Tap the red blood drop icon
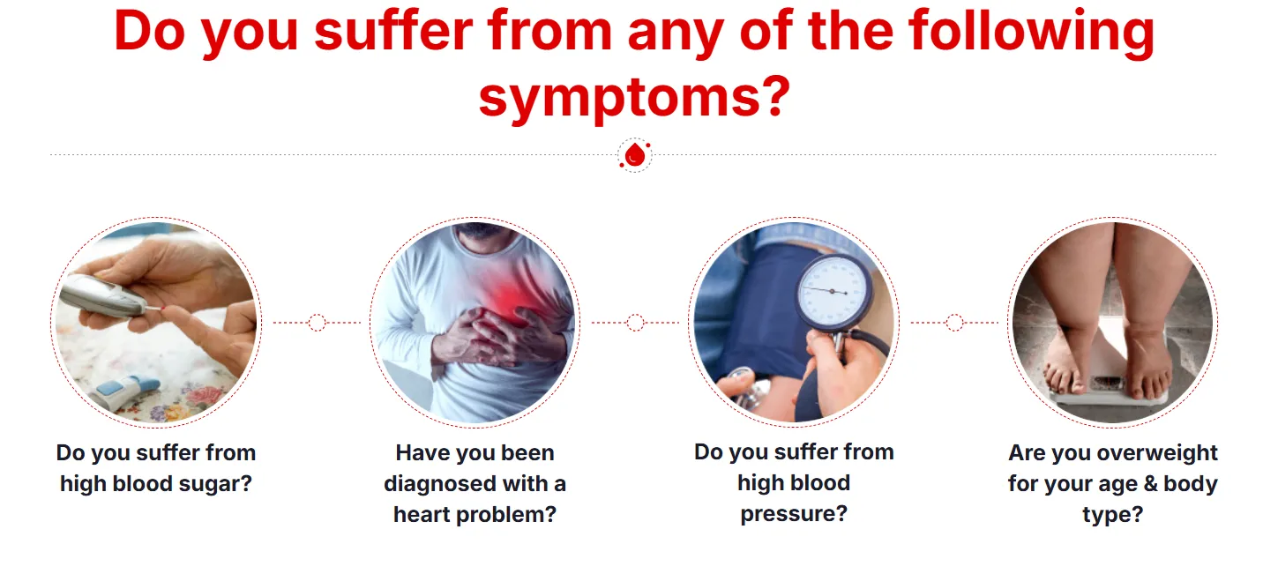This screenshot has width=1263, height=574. pyautogui.click(x=635, y=155)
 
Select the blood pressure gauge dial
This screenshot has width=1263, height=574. pyautogui.click(x=833, y=291)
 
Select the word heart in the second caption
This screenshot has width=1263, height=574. pyautogui.click(x=422, y=514)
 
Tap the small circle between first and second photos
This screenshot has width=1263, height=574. pyautogui.click(x=317, y=323)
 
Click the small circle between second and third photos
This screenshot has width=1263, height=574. pyautogui.click(x=635, y=323)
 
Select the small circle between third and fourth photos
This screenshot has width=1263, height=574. pyautogui.click(x=954, y=323)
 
